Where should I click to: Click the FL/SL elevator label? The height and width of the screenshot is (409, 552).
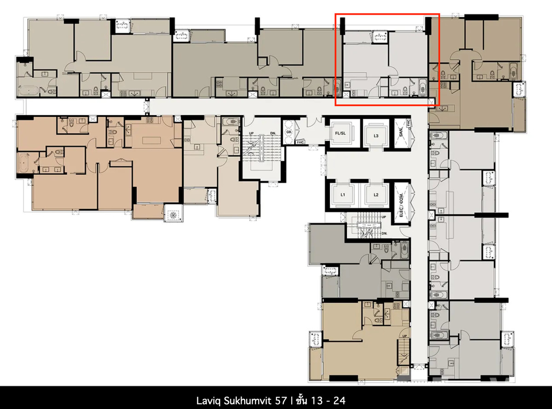(x=340, y=133)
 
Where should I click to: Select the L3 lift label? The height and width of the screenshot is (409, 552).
(x=376, y=136)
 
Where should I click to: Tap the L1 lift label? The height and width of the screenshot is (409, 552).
(x=343, y=195)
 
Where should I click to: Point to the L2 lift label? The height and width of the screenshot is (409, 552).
(x=376, y=195)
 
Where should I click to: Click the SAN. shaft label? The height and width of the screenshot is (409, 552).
(x=401, y=132)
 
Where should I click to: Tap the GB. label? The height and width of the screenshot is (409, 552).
(x=289, y=132)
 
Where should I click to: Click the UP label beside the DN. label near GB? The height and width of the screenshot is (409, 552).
(x=251, y=133)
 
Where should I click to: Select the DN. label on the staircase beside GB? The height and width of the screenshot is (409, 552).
(x=273, y=133)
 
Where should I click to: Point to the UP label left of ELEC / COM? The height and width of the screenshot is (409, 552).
(x=384, y=217)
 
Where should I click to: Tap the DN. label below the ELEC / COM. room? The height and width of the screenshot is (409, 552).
(x=385, y=234)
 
